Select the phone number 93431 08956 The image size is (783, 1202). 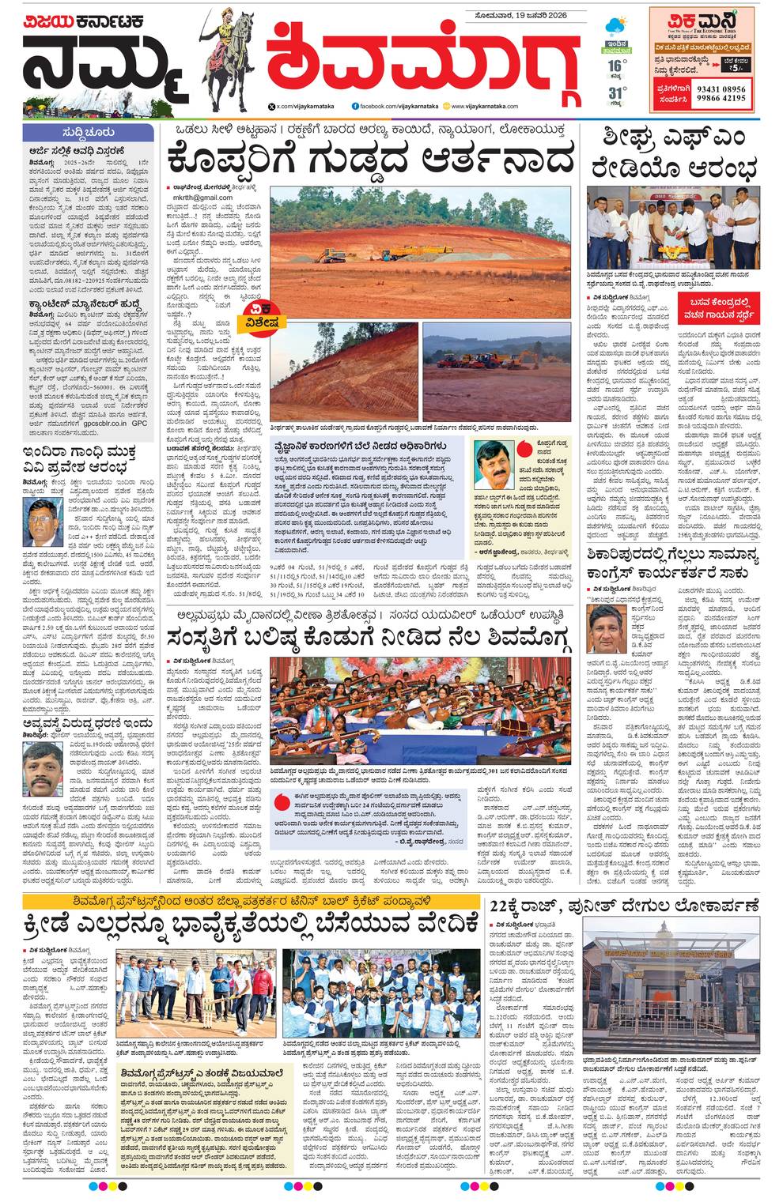pyautogui.click(x=721, y=89)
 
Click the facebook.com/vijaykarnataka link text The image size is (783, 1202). pyautogui.click(x=395, y=106)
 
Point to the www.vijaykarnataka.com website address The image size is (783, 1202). pyautogui.click(x=485, y=106)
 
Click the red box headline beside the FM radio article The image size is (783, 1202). pyautogui.click(x=718, y=303)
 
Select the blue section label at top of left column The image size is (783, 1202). pyautogui.click(x=87, y=132)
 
